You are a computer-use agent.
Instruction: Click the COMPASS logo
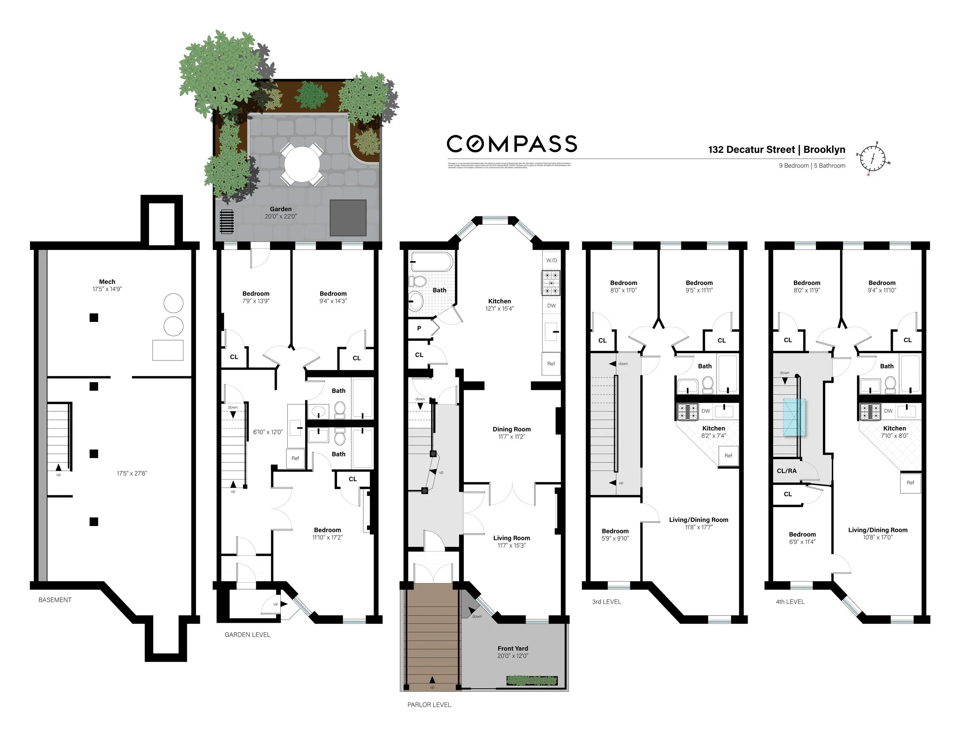click(512, 144)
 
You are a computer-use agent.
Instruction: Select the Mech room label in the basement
click(107, 282)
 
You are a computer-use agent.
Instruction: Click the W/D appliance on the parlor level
click(552, 260)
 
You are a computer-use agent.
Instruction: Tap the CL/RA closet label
click(787, 471)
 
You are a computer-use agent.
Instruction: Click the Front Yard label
click(512, 649)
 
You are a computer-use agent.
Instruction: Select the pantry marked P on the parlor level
click(419, 329)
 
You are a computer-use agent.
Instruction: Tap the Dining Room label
click(512, 429)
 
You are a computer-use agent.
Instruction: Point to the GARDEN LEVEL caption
click(247, 635)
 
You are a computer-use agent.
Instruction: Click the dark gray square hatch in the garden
click(348, 218)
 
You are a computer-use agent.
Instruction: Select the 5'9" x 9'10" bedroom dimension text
click(615, 538)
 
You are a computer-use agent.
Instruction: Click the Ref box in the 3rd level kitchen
click(728, 456)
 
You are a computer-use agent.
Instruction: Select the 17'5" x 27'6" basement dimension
click(132, 473)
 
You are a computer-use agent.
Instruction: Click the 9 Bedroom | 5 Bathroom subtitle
click(812, 166)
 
